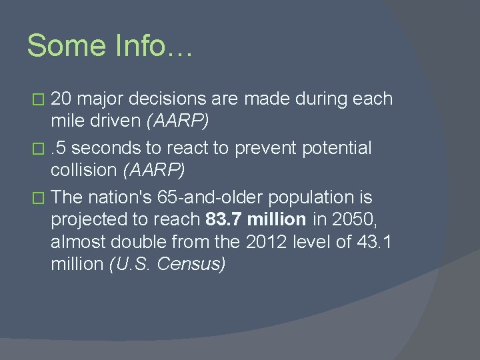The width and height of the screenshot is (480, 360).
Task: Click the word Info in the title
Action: click(146, 45)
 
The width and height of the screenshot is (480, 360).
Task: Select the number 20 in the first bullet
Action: click(61, 99)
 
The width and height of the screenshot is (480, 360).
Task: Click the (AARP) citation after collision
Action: click(154, 170)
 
